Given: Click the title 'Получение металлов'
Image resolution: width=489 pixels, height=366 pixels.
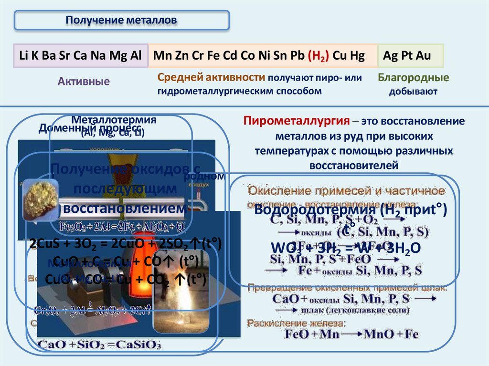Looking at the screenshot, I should pyautogui.click(x=121, y=21).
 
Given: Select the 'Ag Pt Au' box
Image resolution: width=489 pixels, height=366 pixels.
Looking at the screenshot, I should pyautogui.click(x=410, y=56).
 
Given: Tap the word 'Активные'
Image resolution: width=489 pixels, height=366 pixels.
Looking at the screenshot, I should pyautogui.click(x=84, y=82).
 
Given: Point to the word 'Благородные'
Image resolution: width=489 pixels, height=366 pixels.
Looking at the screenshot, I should pyautogui.click(x=413, y=78).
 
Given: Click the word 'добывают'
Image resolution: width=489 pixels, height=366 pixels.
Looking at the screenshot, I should pyautogui.click(x=413, y=91).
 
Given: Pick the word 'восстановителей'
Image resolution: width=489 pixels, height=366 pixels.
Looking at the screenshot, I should pyautogui.click(x=353, y=166).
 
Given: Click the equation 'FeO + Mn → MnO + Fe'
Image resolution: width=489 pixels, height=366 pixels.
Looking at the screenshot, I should pyautogui.click(x=351, y=334).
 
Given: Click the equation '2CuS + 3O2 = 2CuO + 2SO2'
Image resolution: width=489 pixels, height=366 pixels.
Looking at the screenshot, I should pyautogui.click(x=125, y=244).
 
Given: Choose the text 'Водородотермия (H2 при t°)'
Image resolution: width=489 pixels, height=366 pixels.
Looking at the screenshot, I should pyautogui.click(x=351, y=211).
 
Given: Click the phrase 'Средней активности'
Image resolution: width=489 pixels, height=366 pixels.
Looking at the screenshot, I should pyautogui.click(x=211, y=77).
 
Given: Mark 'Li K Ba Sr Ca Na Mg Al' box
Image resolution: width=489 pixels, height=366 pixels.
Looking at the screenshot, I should pyautogui.click(x=80, y=56).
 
